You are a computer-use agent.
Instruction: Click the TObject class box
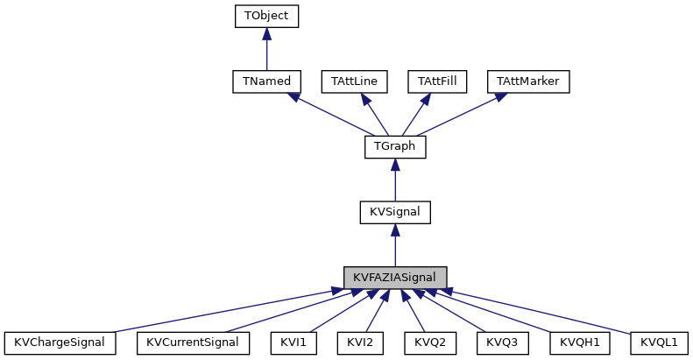click(267, 15)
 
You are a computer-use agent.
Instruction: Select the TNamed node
click(267, 81)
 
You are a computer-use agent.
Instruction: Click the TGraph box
click(395, 146)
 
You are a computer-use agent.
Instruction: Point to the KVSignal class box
click(395, 212)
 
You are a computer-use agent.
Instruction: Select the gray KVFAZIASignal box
click(395, 278)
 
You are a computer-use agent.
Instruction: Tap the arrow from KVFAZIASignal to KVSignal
click(395, 245)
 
